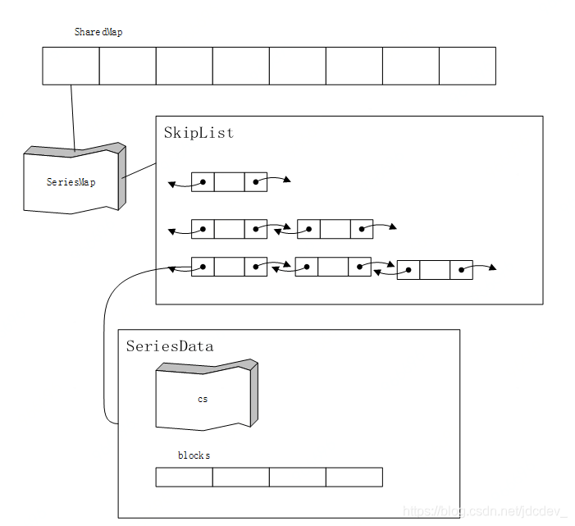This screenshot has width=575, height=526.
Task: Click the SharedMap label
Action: click(98, 32)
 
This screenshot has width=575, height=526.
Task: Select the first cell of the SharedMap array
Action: click(71, 66)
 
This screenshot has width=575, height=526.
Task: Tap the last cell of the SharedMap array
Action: click(467, 66)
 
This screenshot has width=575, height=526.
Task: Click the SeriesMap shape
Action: click(71, 181)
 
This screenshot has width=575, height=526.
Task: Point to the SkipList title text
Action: click(199, 133)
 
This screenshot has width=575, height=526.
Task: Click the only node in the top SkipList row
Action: click(229, 181)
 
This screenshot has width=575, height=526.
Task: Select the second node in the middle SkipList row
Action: click(335, 229)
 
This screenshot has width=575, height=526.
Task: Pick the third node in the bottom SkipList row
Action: click(435, 270)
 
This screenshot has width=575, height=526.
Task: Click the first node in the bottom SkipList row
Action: click(229, 267)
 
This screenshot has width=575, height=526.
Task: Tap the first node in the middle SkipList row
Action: click(229, 229)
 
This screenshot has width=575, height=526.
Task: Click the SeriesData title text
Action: click(170, 346)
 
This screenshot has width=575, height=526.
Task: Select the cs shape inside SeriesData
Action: click(203, 398)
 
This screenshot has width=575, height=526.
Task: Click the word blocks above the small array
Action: click(194, 455)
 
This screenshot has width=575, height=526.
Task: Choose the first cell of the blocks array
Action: click(184, 477)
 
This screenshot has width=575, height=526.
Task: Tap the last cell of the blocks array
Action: click(354, 477)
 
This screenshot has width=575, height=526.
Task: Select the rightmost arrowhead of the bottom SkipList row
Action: click(492, 268)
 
